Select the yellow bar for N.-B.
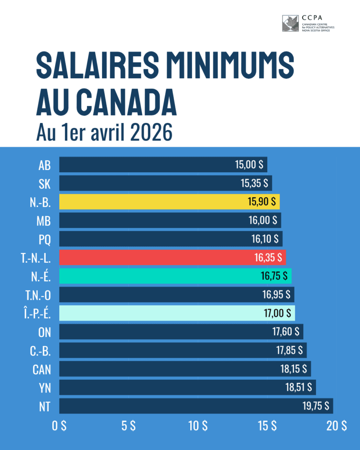pos(169,202)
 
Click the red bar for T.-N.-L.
pos(172,258)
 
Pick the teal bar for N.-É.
pos(175,276)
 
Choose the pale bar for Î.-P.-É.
pos(177,313)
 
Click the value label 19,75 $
pos(316,406)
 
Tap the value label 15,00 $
pos(249,165)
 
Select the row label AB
pos(44,165)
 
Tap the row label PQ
pos(44,240)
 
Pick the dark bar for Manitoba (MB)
pos(170,221)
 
